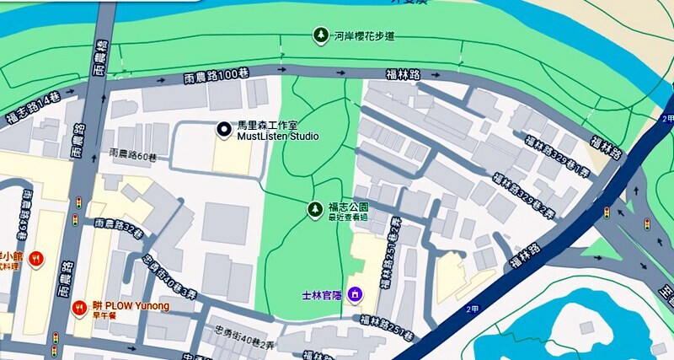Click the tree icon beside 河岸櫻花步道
click(320, 35)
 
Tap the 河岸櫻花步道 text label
click(366, 36)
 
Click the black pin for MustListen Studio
click(223, 129)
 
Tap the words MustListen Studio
click(278, 135)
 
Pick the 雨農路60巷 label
click(133, 155)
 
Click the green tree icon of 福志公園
click(314, 208)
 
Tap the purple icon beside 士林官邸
click(355, 294)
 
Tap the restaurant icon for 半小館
click(35, 257)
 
